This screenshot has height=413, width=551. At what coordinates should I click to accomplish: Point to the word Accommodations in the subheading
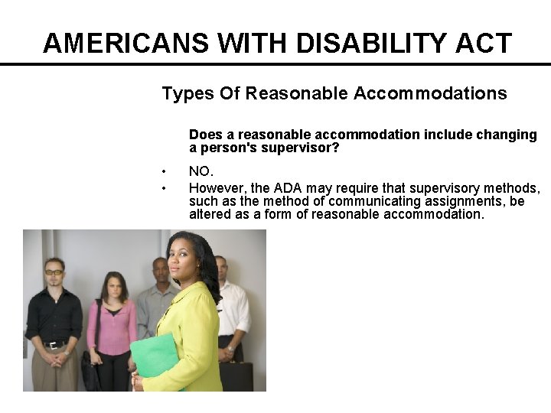click(x=430, y=94)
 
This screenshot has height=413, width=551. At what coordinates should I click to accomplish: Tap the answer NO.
click(x=201, y=172)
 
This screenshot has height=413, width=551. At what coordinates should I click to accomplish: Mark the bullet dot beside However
click(x=165, y=187)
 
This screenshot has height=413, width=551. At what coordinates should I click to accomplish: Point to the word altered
click(x=211, y=214)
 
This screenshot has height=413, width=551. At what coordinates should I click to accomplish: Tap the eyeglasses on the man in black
click(x=54, y=272)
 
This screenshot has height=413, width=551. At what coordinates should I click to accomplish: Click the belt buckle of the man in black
click(x=54, y=345)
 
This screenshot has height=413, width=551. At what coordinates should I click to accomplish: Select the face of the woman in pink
click(x=114, y=287)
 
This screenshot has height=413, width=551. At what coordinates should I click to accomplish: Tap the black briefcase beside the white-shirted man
click(x=236, y=376)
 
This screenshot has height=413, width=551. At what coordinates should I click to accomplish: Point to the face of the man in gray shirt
click(x=160, y=271)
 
